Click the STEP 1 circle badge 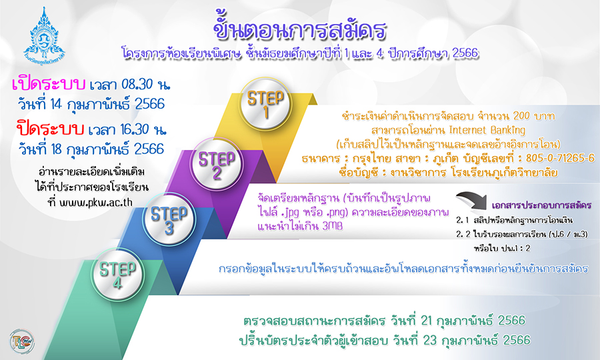[x=265, y=103]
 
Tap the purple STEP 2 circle [x=217, y=164]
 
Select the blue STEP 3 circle [x=169, y=219]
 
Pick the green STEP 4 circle [x=117, y=274]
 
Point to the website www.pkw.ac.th [x=96, y=203]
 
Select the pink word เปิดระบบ [x=48, y=84]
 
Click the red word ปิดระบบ [x=50, y=129]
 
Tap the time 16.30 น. [x=143, y=130]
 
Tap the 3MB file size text [x=333, y=226]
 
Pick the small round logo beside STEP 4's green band [x=22, y=341]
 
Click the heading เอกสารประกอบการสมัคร [x=541, y=205]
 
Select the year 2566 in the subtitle [x=465, y=53]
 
